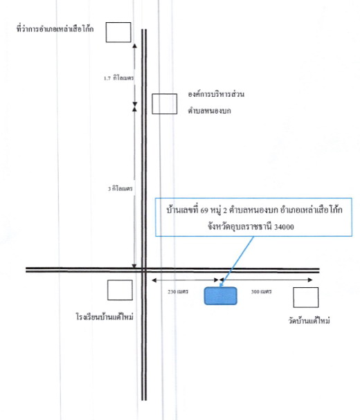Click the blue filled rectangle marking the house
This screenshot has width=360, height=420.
click(x=220, y=296)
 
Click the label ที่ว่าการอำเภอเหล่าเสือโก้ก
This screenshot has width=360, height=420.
click(x=55, y=28)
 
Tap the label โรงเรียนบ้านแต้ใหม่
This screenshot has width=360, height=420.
click(x=105, y=317)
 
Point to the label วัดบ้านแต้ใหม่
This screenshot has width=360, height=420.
click(x=309, y=320)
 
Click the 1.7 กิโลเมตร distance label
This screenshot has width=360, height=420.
click(x=119, y=78)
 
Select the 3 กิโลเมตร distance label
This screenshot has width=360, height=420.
click(x=120, y=189)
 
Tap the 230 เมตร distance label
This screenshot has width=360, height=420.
click(x=178, y=291)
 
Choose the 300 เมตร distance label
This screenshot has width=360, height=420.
click(x=262, y=291)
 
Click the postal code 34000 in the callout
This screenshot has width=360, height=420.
click(x=284, y=227)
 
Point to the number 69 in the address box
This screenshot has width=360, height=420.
click(x=204, y=210)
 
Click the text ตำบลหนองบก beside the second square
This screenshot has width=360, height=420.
click(x=209, y=110)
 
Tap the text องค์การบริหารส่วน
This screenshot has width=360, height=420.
click(x=216, y=94)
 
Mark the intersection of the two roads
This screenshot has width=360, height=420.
click(x=144, y=270)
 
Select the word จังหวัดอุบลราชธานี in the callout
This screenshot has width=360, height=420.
click(x=240, y=227)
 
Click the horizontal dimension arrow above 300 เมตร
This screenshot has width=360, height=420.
click(x=266, y=280)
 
